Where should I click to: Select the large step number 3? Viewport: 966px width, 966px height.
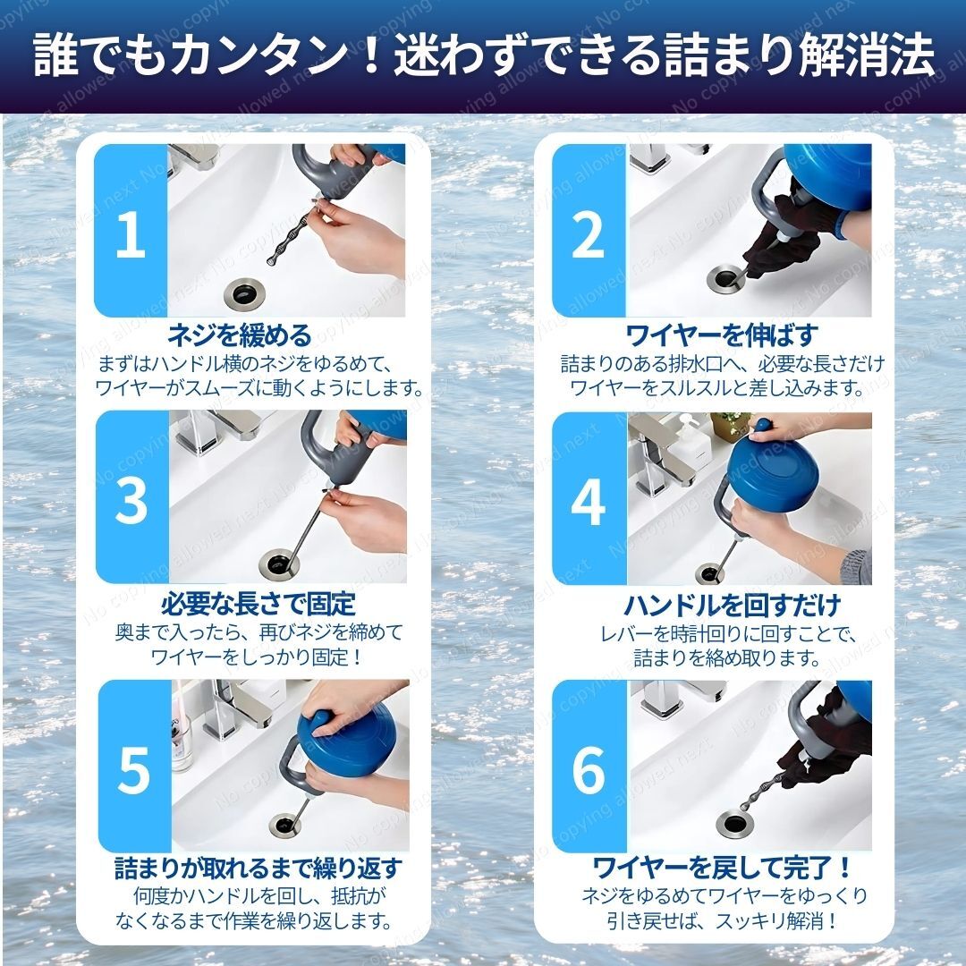131,501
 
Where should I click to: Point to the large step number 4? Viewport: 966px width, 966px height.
589,502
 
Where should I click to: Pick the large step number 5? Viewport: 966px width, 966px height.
133,769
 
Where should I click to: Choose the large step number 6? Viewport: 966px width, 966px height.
589,769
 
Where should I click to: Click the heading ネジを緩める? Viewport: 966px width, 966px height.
241,335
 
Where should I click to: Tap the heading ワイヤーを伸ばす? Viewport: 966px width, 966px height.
722,335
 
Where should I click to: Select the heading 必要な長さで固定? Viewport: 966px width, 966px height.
258,604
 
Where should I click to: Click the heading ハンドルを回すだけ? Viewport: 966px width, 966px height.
733,605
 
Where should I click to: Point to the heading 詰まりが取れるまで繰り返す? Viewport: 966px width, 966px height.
258,868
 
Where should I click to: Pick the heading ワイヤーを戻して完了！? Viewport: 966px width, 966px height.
722,868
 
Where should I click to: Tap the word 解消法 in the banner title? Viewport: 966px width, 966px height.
868,55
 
